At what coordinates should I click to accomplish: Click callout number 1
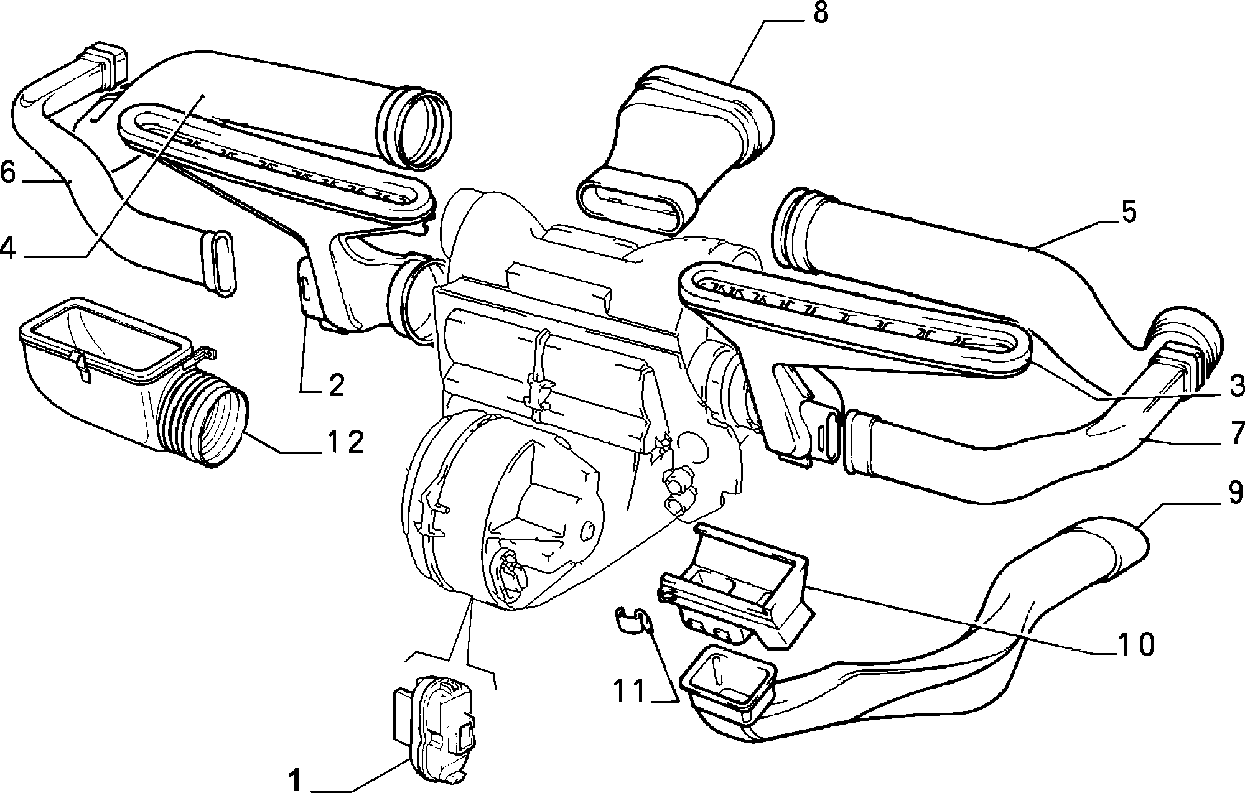[x=296, y=779]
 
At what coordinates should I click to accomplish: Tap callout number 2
[x=336, y=386]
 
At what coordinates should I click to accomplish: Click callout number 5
[x=1129, y=212]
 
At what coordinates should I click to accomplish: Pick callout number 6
[x=8, y=172]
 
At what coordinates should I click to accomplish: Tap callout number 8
[x=821, y=12]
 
